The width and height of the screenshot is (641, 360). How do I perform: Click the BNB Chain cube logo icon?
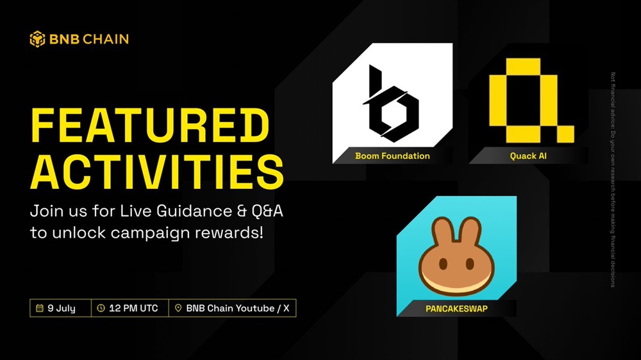tap(37, 39)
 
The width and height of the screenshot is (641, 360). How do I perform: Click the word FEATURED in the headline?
tap(150, 126)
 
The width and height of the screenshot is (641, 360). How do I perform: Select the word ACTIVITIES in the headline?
tap(157, 172)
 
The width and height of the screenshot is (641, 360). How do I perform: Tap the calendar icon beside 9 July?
tap(40, 308)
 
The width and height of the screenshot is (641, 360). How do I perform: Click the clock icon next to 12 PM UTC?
tap(101, 308)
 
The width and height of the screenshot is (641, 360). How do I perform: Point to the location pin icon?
tap(178, 308)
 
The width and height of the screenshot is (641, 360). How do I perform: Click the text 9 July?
tap(62, 309)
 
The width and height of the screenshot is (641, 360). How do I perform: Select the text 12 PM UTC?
tap(133, 308)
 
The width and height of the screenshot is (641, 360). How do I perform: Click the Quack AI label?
tap(528, 156)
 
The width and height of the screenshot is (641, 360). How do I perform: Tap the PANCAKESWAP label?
tap(456, 309)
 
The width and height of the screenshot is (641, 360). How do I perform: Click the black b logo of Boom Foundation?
tap(391, 104)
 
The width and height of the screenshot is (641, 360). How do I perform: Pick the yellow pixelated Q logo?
tap(531, 101)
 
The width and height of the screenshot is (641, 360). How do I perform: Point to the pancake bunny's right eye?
tap(470, 263)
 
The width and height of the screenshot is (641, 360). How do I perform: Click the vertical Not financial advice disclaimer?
tap(613, 180)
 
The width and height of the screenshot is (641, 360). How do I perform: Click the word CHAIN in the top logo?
tap(106, 39)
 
